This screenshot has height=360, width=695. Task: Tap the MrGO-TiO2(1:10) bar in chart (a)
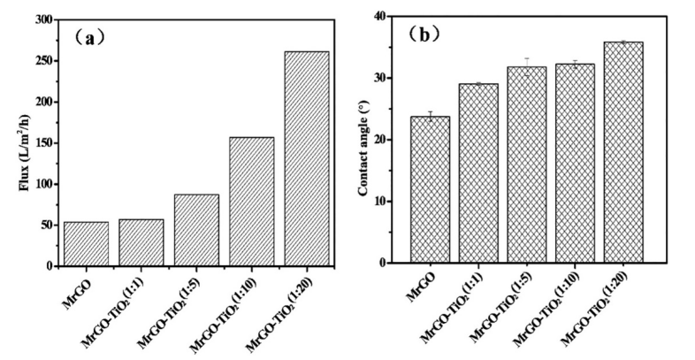click(252, 202)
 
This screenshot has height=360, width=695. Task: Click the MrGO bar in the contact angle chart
click(430, 189)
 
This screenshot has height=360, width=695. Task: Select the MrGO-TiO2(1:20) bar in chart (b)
click(622, 152)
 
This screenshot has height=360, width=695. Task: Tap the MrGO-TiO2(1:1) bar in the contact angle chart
click(477, 173)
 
